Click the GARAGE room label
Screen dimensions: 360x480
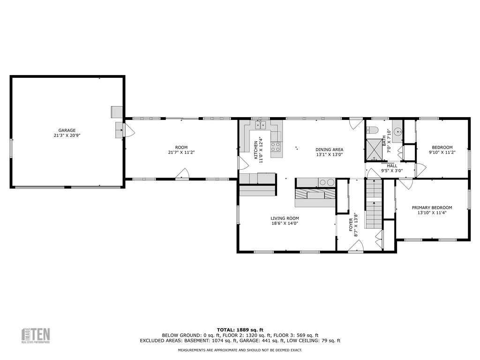[x=67, y=130]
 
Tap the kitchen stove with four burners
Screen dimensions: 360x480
[x=276, y=147]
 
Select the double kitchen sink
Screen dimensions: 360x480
[x=261, y=125]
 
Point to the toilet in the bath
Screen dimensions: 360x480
[x=373, y=130]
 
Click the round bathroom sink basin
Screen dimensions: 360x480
[x=398, y=132]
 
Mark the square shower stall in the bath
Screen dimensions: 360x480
[x=375, y=149]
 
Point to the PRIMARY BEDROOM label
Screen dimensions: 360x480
[x=432, y=208]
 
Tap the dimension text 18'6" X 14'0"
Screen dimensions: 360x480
[x=285, y=224]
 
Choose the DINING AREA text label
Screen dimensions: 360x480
[x=329, y=149]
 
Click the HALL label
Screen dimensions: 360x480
[x=392, y=165]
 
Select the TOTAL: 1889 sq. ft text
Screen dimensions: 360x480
[x=240, y=330]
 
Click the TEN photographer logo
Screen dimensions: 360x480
[x=36, y=335]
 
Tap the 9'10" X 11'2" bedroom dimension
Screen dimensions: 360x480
[x=442, y=152]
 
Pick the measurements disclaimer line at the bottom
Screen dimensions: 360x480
[x=240, y=350]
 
